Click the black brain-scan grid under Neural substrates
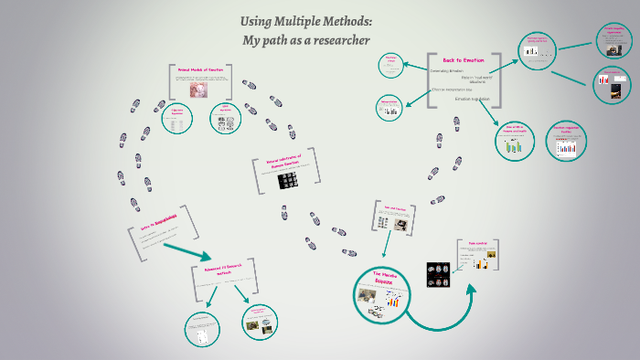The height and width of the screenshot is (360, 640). click(290, 181)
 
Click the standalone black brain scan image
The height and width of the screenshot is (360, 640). click(438, 271)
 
